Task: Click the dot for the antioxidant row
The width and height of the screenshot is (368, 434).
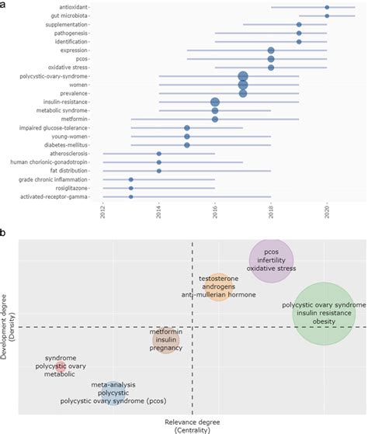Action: point(327,7)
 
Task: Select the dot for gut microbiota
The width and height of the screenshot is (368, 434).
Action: point(327,16)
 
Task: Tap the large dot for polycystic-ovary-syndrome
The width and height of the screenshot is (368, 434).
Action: point(243,76)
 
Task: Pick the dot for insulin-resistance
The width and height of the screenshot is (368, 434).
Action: point(215,102)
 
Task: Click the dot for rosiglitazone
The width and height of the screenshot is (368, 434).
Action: point(130,188)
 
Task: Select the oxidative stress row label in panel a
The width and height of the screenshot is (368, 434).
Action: point(75,68)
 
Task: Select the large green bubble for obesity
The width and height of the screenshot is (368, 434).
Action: point(325,313)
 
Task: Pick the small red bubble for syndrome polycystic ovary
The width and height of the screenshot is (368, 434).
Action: point(60,366)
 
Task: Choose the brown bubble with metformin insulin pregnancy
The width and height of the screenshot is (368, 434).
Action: point(165,340)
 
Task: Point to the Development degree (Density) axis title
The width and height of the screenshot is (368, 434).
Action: point(9,327)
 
